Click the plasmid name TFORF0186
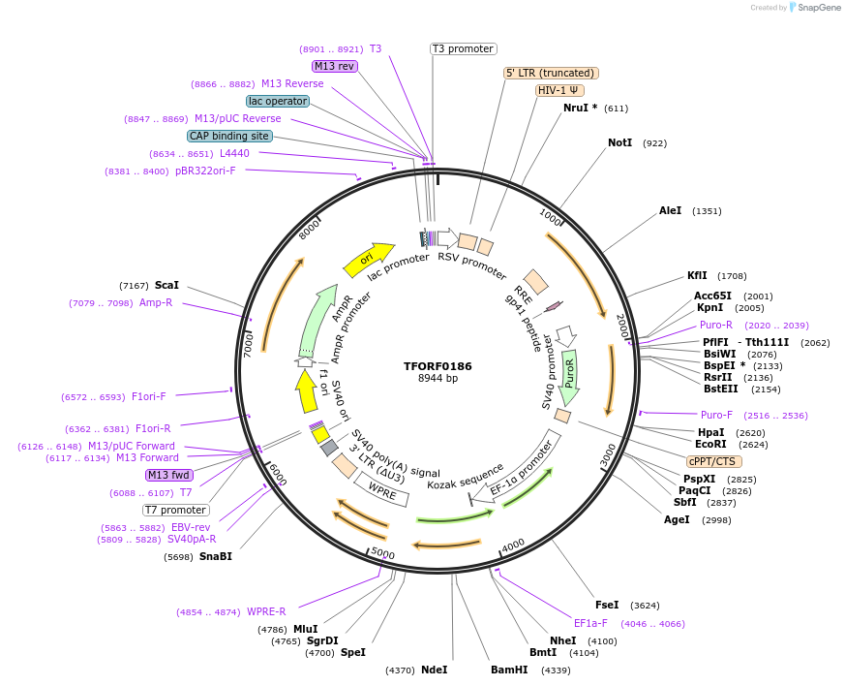click(438, 366)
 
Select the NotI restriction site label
click(619, 142)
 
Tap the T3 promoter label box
click(463, 48)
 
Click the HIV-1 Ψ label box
click(558, 90)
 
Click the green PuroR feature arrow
click(570, 378)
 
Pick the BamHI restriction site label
click(509, 670)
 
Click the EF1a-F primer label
click(590, 623)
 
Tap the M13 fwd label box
click(168, 475)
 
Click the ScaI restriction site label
click(166, 286)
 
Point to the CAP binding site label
click(229, 137)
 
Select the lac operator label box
click(277, 101)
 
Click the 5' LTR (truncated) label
click(552, 73)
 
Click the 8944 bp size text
click(438, 379)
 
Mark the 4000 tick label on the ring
click(512, 545)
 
